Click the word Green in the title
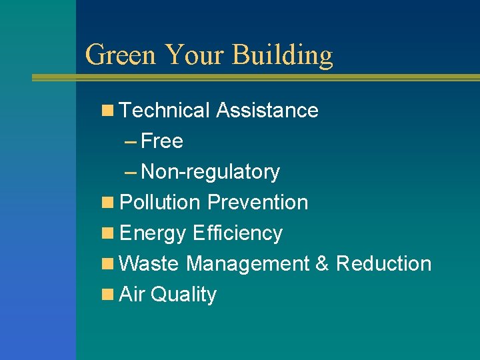(x=121, y=55)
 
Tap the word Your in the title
(x=194, y=55)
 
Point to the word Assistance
(x=267, y=110)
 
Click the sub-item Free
(x=162, y=141)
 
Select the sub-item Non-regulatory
(x=211, y=172)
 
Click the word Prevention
(x=258, y=202)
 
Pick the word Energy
(x=153, y=233)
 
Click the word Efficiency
(x=237, y=233)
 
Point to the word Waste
(x=149, y=263)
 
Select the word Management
(x=247, y=264)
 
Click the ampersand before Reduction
(x=322, y=263)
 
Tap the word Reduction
(x=383, y=263)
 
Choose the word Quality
(x=183, y=295)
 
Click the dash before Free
(x=131, y=141)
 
